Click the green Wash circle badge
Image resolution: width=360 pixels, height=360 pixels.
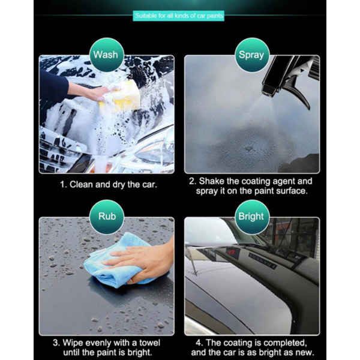point(107,55)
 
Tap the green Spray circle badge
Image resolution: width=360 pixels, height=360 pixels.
point(252,55)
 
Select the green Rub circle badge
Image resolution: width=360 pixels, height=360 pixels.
point(107,217)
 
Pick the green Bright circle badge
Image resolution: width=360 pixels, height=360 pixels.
point(252,217)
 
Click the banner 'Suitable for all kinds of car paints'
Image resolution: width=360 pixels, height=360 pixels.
point(179,16)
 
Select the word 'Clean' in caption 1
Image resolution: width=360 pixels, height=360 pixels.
point(82,185)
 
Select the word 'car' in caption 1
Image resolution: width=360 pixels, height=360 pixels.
point(149,185)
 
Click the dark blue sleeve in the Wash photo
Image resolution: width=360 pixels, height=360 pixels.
point(53,86)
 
